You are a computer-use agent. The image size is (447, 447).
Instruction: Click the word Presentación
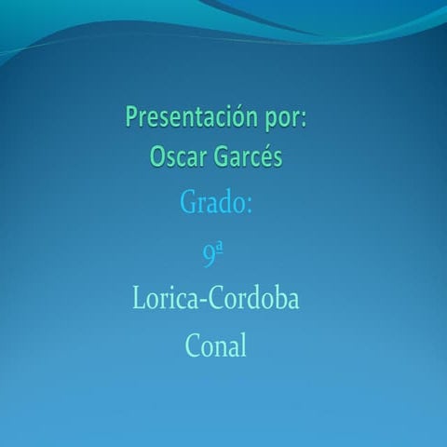point(189,118)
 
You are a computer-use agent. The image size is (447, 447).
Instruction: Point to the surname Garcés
point(247,156)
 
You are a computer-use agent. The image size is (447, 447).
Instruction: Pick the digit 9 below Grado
point(209,254)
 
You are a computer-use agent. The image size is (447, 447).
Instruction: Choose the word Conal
point(216,346)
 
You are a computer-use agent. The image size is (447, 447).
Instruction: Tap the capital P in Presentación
point(131,118)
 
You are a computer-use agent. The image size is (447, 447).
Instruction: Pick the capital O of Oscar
point(156,156)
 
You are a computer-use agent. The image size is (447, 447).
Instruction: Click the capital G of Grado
point(186,203)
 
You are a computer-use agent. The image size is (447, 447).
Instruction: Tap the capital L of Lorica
point(139,300)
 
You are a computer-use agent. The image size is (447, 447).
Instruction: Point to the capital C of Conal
point(194,346)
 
